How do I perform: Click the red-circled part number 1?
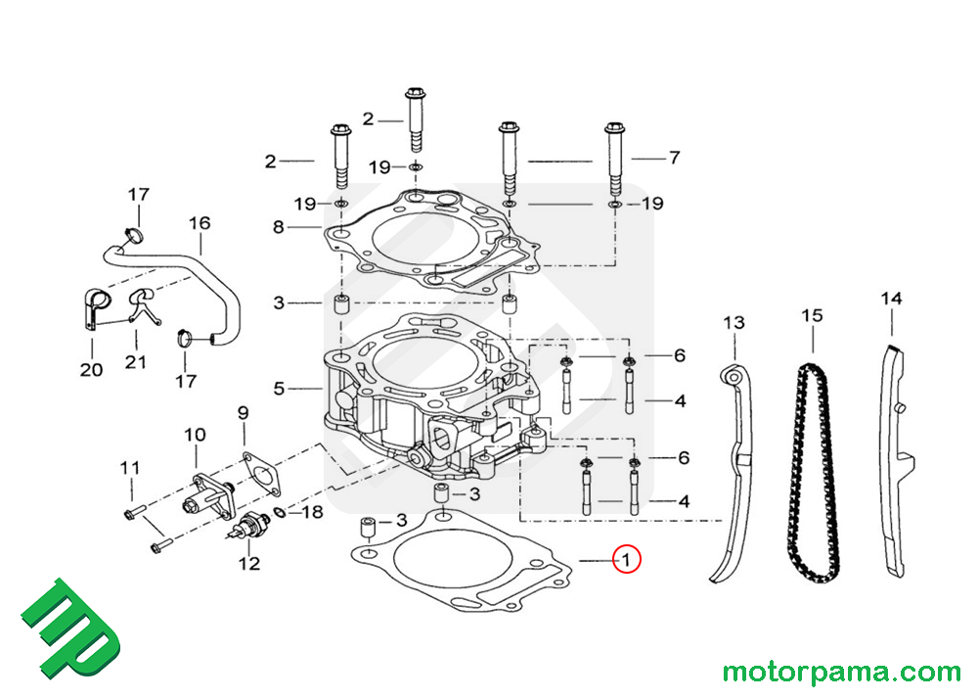625,560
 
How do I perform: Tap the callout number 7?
673,158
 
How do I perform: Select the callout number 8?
279,227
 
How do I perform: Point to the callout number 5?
279,389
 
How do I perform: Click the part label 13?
733,322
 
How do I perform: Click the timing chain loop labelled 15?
817,470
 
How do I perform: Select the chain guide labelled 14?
892,460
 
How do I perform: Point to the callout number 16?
199,223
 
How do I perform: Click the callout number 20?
91,370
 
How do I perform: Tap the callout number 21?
135,362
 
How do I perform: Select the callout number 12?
249,563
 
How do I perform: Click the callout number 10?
195,434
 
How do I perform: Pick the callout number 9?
244,413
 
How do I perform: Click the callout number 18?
311,512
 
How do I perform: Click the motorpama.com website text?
841,673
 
